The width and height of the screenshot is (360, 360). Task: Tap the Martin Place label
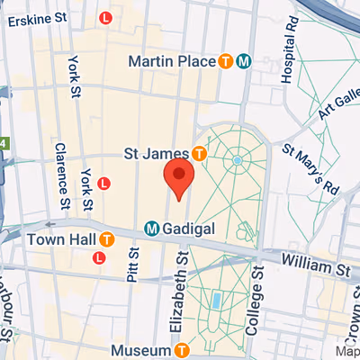coord(171,61)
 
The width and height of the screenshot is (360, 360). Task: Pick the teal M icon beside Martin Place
coord(244,61)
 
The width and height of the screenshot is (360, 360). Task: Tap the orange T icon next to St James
coord(200,154)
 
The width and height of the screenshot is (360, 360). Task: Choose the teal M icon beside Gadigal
coord(152,229)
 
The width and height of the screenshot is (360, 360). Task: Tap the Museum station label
coord(140,348)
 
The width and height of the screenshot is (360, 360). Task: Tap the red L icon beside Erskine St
coord(106,17)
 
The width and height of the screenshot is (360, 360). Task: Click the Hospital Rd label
coord(288,59)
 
